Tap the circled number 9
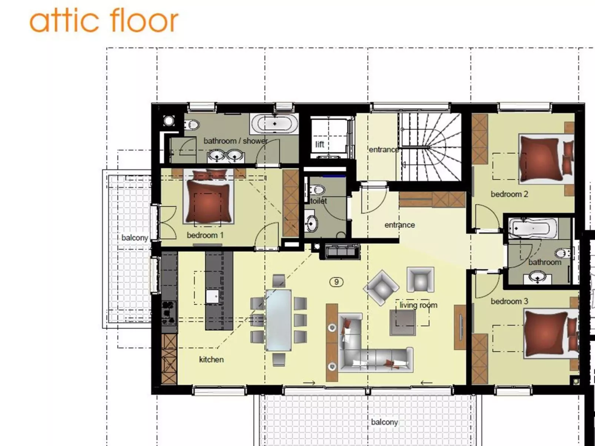click(336, 282)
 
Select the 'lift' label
click(320, 144)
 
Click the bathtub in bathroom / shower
click(275, 124)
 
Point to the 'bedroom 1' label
click(205, 235)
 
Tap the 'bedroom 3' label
click(509, 301)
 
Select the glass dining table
click(278, 320)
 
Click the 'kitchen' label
click(211, 359)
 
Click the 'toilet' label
click(319, 201)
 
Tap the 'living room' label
click(418, 305)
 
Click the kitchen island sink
click(213, 296)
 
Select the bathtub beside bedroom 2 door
click(533, 228)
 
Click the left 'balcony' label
click(134, 238)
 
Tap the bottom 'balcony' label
click(384, 422)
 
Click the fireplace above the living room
click(342, 251)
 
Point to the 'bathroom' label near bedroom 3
click(544, 262)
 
